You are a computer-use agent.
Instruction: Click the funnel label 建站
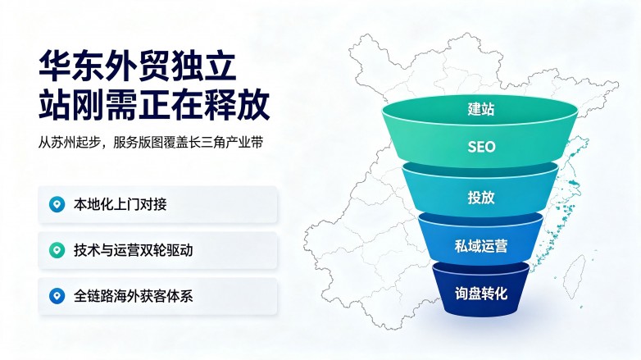tap(481, 109)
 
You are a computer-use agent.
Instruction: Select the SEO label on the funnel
tap(481, 147)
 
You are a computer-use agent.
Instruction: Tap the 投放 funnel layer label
tap(481, 197)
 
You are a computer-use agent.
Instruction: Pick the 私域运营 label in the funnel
tap(480, 246)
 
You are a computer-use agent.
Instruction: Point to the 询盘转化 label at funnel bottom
tap(480, 294)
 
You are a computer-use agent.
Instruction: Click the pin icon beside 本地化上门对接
tap(57, 204)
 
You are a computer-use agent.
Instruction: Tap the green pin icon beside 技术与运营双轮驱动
tap(57, 250)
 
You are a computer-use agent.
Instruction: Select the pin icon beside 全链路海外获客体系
tap(57, 296)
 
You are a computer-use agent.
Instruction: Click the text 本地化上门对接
tap(120, 204)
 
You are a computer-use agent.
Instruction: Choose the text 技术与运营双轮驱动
tap(134, 250)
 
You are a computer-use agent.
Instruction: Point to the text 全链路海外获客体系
tap(134, 296)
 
